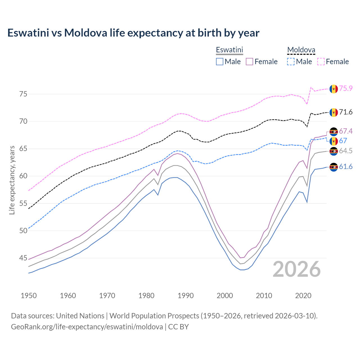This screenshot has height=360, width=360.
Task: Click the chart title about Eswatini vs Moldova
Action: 133,33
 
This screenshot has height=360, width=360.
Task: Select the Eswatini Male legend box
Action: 220,62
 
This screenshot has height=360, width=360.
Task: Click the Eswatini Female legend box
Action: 249,62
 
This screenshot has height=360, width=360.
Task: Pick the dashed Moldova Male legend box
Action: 291,62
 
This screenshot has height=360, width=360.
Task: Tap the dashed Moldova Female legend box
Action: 321,62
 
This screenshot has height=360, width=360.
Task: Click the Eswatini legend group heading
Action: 229,50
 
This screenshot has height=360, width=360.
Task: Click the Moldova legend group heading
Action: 301,50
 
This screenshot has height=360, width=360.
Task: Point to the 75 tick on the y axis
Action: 23,94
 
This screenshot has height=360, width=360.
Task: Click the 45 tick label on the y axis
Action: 23,258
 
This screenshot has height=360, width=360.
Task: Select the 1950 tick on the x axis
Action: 29,296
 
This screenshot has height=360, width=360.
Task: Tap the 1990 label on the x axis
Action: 186,296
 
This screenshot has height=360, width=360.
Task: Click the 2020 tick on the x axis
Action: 303,296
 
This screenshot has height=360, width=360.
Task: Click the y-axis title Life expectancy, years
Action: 12,180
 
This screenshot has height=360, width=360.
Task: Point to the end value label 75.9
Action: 346,88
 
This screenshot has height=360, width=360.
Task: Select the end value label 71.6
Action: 346,112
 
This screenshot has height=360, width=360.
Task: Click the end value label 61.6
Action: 346,167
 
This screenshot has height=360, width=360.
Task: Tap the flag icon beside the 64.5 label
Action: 334,151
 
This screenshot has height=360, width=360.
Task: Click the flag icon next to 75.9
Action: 334,89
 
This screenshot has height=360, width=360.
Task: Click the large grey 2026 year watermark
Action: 296,269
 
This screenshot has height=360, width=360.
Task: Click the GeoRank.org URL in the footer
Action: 87,327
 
